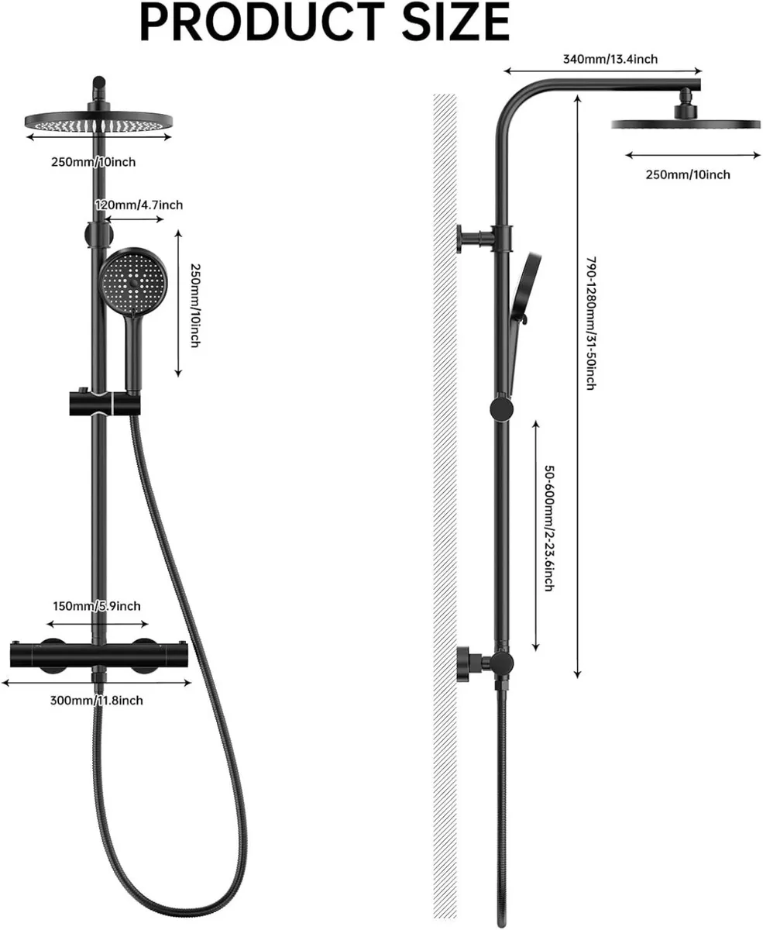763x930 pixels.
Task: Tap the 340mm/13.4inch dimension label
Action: [611, 59]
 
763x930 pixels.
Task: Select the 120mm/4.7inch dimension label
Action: [139, 205]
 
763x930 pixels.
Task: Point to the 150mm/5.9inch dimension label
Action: [97, 606]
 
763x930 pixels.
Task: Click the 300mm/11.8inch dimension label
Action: [96, 701]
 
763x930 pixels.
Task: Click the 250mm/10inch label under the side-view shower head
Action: [688, 174]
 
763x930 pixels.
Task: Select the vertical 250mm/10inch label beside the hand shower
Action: [194, 305]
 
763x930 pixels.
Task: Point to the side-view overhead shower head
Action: [686, 123]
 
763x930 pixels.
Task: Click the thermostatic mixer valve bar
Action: [98, 655]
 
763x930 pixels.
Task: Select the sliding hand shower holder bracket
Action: [104, 404]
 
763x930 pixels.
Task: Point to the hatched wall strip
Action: [445, 465]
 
